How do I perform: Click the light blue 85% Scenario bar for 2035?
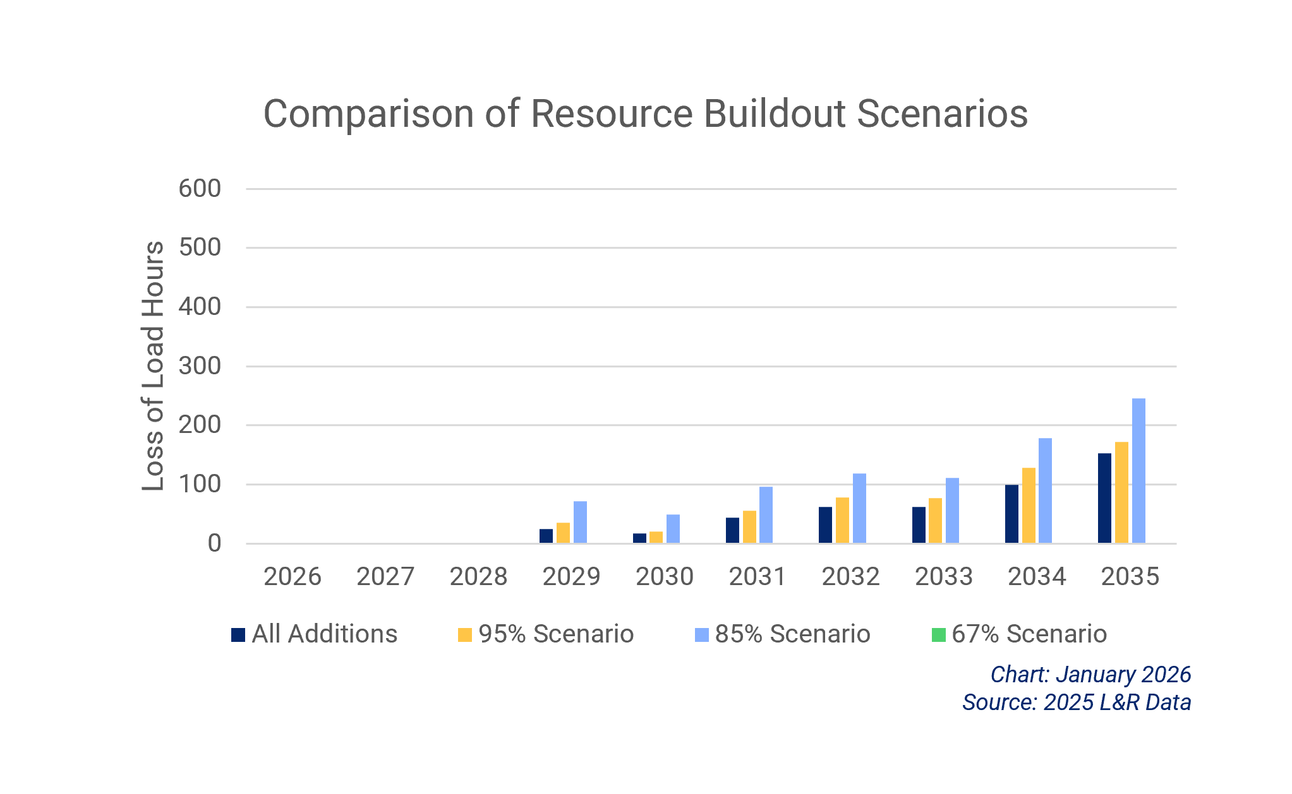(x=1138, y=470)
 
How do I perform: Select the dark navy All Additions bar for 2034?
(x=1011, y=514)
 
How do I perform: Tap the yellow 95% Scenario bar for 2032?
(x=842, y=520)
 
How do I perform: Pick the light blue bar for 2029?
(x=579, y=522)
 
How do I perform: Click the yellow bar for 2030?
(x=656, y=537)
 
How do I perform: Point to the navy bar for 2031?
(x=732, y=530)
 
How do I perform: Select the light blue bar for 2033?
(x=951, y=510)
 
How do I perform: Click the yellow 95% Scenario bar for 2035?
(x=1121, y=492)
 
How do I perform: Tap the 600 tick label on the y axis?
(x=200, y=189)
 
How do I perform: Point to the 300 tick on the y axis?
(x=200, y=366)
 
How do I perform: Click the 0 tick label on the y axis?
(x=214, y=543)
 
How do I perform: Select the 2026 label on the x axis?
(x=292, y=576)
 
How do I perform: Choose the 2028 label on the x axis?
(x=478, y=576)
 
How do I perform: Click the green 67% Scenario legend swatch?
(x=938, y=634)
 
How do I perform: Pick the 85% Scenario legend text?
(x=792, y=634)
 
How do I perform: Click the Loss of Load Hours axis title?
(x=153, y=366)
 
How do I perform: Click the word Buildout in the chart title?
(x=774, y=114)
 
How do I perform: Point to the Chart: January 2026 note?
(x=1090, y=675)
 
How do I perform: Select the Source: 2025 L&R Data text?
(x=1076, y=702)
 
